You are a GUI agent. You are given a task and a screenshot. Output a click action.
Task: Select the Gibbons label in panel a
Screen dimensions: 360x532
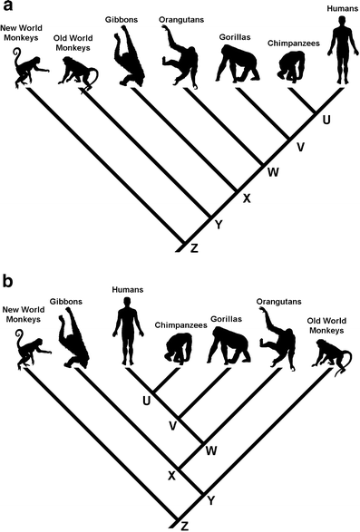122,20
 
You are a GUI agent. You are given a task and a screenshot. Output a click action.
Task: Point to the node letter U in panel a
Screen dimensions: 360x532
326,121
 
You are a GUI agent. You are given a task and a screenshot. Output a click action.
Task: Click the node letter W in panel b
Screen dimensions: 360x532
211,451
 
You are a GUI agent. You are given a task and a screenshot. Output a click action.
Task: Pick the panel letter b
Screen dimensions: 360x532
7,281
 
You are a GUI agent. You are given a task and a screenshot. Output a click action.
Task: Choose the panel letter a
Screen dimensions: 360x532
6,6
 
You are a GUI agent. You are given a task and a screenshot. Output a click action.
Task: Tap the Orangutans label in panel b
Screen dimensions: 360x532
278,302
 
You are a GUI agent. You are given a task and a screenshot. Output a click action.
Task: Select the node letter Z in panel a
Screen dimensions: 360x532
194,248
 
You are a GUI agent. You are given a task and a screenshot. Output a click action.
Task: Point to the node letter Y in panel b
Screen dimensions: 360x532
211,500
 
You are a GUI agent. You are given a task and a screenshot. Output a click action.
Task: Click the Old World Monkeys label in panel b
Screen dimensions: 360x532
326,325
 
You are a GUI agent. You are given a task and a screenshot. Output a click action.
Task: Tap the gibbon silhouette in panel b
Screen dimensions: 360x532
73,337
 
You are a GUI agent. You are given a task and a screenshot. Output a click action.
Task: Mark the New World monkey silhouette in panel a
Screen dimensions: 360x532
31,68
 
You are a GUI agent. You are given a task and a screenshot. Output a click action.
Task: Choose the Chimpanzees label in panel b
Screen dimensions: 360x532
181,325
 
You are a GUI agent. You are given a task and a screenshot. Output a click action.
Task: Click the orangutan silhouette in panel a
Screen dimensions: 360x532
180,58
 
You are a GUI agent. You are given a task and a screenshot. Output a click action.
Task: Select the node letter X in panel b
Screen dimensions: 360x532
172,476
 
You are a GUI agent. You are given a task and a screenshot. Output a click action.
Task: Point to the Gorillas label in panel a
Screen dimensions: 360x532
235,37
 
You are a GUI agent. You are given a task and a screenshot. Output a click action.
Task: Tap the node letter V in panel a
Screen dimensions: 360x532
300,147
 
